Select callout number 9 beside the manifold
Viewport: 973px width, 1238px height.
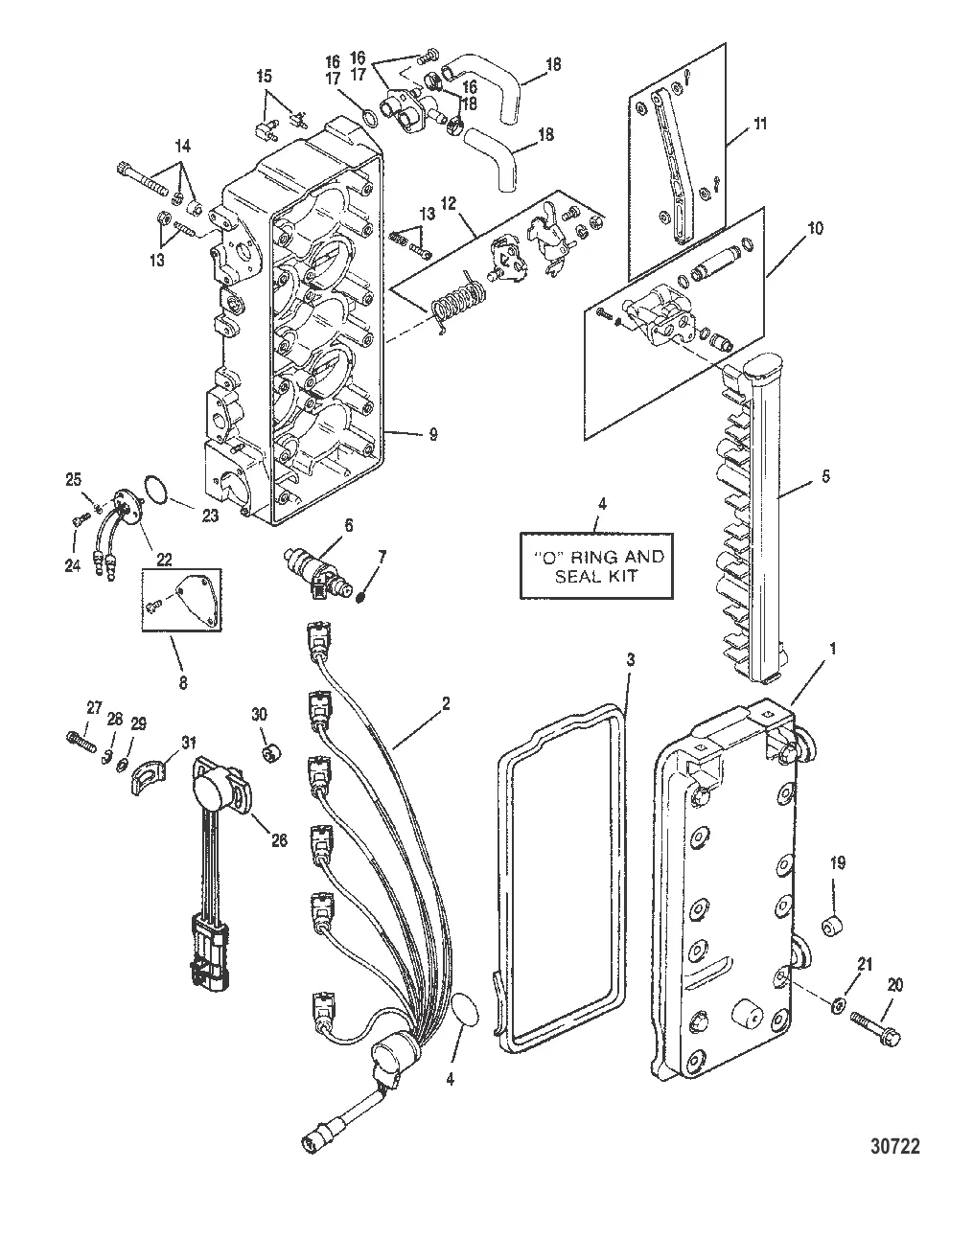point(433,434)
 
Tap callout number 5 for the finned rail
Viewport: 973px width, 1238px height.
point(827,475)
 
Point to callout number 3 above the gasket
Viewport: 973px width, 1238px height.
point(630,661)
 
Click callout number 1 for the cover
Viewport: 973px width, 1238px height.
point(832,649)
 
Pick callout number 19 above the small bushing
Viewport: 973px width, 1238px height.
point(838,863)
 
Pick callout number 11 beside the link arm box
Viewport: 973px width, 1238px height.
point(759,124)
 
